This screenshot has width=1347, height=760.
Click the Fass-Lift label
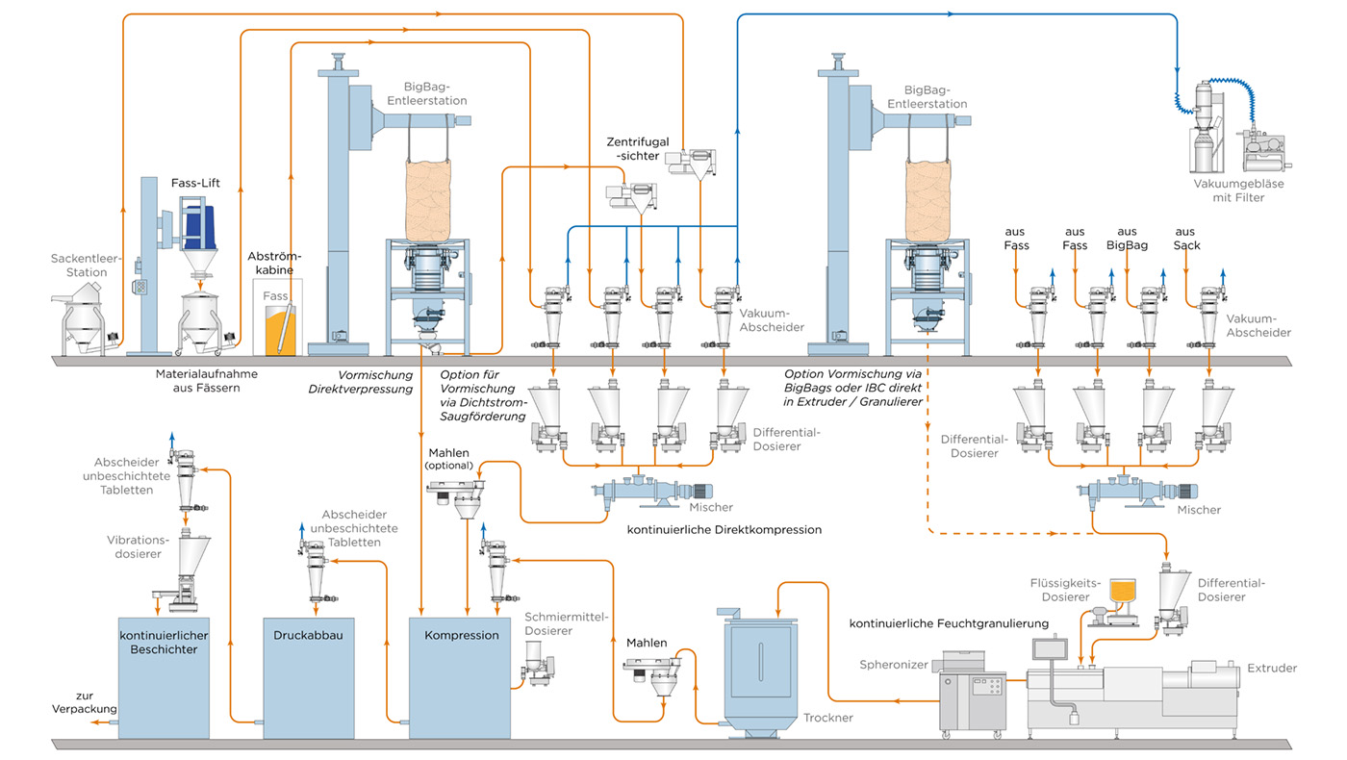[x=196, y=183]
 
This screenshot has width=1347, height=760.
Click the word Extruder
[x=1272, y=668]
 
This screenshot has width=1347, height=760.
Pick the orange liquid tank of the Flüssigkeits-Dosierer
[x=1122, y=590]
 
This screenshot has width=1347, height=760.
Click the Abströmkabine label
[x=274, y=264]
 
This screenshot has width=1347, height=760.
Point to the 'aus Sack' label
[x=1185, y=239]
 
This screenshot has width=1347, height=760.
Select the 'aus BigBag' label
[x=1128, y=239]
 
